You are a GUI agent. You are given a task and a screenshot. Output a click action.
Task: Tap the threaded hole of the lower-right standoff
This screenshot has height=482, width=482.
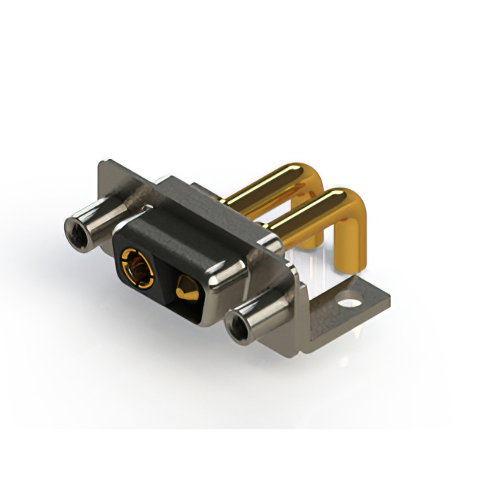pos(237,328)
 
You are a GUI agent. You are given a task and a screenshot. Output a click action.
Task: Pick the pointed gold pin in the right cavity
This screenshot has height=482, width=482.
pos(185,288)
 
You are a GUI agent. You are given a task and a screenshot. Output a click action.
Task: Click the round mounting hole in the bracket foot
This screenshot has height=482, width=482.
pos(349,305)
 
